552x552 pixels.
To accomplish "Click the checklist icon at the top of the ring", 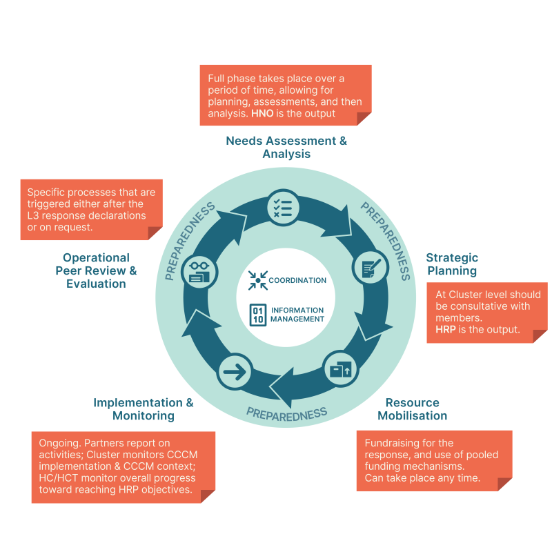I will click(x=282, y=205).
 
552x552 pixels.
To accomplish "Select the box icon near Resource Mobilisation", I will click(x=341, y=368).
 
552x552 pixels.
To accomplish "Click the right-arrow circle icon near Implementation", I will click(x=235, y=373).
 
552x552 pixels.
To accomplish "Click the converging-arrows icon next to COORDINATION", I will click(x=257, y=280).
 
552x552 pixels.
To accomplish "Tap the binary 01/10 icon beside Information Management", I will click(x=257, y=314).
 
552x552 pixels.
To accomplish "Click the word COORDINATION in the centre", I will click(x=297, y=280).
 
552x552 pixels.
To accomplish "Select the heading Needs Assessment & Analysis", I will click(x=286, y=148).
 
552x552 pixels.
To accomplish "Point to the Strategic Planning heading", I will click(x=452, y=264).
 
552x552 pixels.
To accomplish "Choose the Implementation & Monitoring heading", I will click(x=144, y=409).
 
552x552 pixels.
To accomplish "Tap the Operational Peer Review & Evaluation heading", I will click(x=96, y=270).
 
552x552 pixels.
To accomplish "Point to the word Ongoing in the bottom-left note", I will click(x=59, y=443).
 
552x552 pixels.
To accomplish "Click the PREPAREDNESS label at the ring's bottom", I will click(x=286, y=414).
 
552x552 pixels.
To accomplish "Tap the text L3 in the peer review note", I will click(x=34, y=216).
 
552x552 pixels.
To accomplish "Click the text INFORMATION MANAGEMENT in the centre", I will click(x=297, y=315).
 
